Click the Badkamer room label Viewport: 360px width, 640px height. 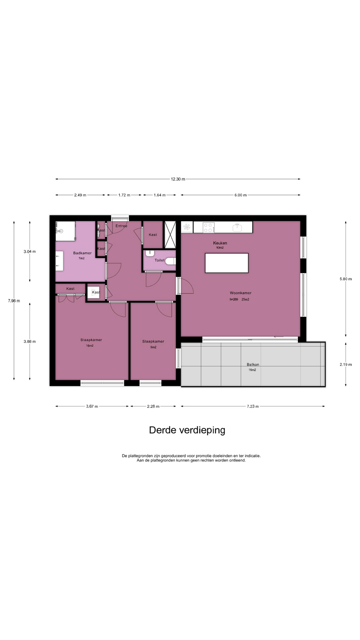click(x=82, y=253)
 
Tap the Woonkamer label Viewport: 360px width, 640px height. click(x=240, y=293)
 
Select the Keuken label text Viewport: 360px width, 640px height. click(x=220, y=243)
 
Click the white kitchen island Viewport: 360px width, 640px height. click(x=227, y=263)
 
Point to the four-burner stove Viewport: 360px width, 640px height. click(x=208, y=228)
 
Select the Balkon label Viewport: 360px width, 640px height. click(x=253, y=364)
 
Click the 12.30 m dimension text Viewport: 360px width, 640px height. click(x=178, y=179)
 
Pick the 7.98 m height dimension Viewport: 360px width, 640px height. click(x=14, y=301)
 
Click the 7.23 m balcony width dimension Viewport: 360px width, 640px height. click(x=253, y=406)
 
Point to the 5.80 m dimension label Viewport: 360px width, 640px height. click(x=346, y=279)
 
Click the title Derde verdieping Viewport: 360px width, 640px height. click(x=187, y=430)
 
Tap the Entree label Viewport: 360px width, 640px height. click(x=121, y=226)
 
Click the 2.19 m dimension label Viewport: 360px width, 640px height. click(x=346, y=364)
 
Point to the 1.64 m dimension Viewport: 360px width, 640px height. click(x=160, y=195)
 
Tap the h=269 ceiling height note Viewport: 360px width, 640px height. click(x=234, y=299)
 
